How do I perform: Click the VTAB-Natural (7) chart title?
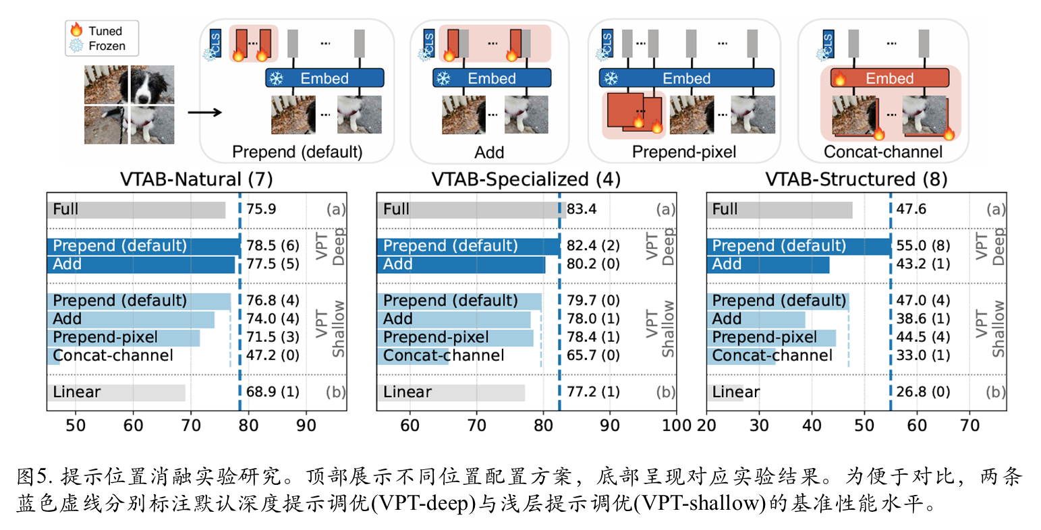196,179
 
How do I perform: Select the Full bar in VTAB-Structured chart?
779,209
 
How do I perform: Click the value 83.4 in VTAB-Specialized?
582,209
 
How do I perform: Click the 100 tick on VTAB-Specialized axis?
675,425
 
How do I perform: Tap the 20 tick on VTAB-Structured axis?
706,425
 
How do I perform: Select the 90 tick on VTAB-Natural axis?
306,425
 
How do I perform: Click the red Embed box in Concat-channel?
890,78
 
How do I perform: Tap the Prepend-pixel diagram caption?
683,152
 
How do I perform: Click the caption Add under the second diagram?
489,152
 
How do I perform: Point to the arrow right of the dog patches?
204,112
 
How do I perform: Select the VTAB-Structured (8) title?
856,179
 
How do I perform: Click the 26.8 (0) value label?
923,392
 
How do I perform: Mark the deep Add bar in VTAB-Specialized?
461,264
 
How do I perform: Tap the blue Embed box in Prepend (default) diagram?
325,78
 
